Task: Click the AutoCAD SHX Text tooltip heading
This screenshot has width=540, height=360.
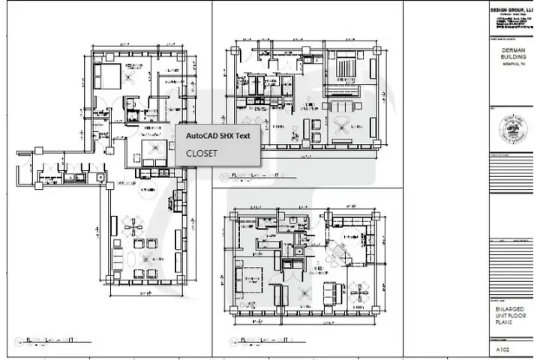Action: [x=217, y=135]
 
